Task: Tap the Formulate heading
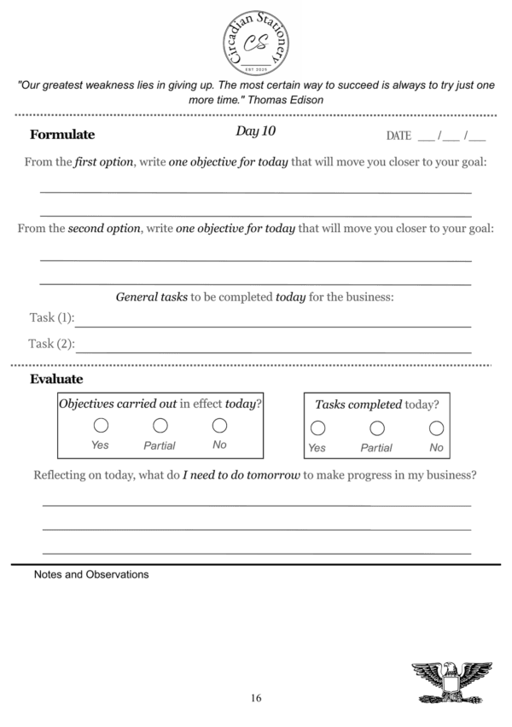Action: pos(62,135)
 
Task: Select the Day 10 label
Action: pos(255,131)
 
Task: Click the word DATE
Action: pos(399,136)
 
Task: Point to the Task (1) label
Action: pos(51,318)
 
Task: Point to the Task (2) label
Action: pos(51,344)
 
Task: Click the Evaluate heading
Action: pos(56,379)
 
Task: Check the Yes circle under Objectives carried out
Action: pos(101,425)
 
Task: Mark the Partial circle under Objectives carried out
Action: pos(160,425)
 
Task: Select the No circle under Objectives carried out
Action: pos(219,425)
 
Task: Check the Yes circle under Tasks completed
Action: pos(317,427)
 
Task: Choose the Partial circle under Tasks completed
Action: pos(376,427)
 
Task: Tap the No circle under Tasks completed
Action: pos(436,427)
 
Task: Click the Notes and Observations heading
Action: pos(91,574)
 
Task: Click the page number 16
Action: pos(256,698)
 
